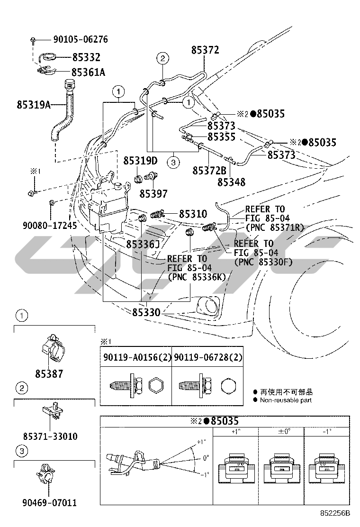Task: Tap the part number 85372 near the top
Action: point(205,50)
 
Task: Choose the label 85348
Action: point(231,182)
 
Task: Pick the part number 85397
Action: point(153,193)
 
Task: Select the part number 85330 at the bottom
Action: point(146,312)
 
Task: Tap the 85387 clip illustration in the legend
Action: point(53,350)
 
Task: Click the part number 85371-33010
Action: point(50,436)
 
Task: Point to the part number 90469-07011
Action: point(49,502)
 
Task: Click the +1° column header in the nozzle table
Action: point(235,432)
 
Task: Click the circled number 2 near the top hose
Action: point(162,59)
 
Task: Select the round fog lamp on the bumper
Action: point(207,306)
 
